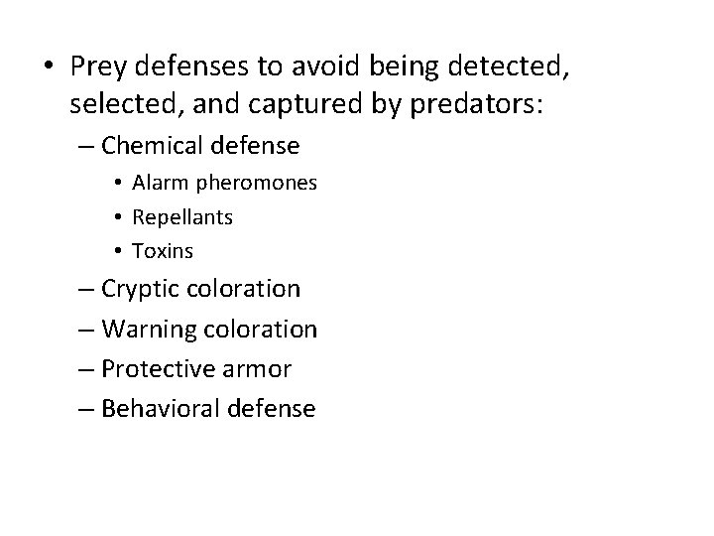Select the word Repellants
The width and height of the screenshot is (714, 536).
(x=182, y=216)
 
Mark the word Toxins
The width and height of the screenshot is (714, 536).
(x=164, y=250)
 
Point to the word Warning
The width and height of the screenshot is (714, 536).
(x=145, y=329)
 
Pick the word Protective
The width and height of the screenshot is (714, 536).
(x=153, y=368)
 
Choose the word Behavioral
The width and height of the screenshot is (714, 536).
(x=159, y=408)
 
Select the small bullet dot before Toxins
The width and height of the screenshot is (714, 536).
(x=117, y=250)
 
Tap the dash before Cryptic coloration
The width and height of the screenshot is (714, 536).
(x=86, y=290)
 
